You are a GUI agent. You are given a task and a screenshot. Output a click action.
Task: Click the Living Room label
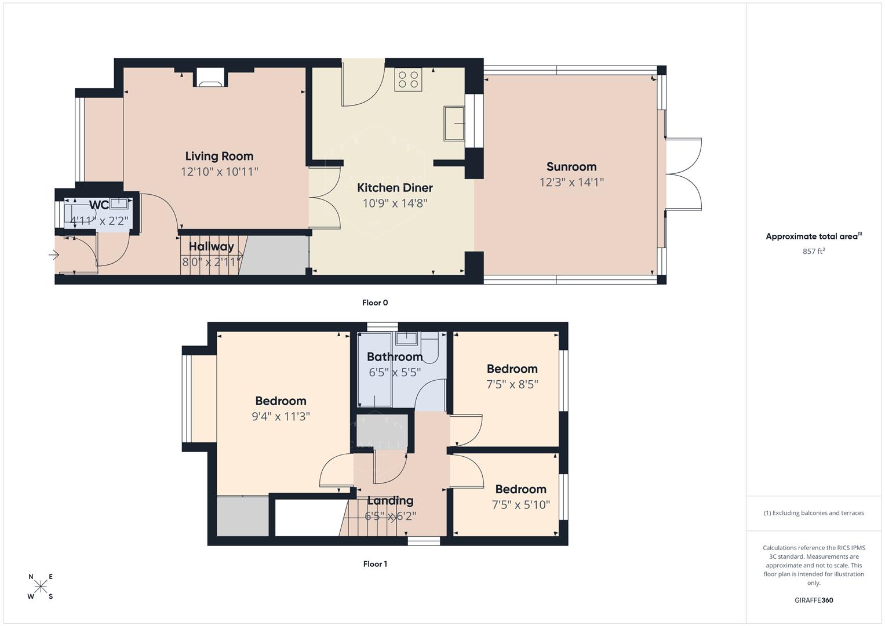point(219,156)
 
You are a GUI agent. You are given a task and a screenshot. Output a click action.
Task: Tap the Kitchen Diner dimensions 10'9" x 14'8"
point(395,203)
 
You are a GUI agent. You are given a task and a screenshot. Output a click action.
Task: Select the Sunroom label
point(571,167)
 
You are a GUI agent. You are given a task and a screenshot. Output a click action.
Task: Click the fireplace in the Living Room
point(210,77)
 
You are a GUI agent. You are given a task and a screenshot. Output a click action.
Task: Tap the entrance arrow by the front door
point(54,254)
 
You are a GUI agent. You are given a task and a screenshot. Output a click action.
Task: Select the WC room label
point(99,205)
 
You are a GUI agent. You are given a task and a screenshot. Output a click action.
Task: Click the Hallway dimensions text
point(211,262)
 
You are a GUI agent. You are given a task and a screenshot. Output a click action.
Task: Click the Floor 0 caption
point(375,303)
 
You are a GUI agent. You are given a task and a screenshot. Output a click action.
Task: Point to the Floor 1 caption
point(375,564)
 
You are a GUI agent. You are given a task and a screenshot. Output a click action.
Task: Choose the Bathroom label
point(395,356)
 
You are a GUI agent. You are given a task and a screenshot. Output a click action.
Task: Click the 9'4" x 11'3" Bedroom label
point(281,401)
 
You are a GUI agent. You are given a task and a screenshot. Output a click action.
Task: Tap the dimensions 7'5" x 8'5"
point(512,384)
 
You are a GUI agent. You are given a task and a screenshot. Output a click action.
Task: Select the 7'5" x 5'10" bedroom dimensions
point(520,505)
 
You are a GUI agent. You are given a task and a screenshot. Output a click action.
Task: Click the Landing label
point(391,501)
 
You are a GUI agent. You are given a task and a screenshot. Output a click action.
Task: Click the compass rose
point(41,586)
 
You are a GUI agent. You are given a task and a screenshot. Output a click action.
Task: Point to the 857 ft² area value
point(814,252)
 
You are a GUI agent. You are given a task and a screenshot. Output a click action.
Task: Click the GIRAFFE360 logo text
point(814,600)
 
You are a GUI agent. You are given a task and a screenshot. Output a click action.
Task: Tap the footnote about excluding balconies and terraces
point(814,513)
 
